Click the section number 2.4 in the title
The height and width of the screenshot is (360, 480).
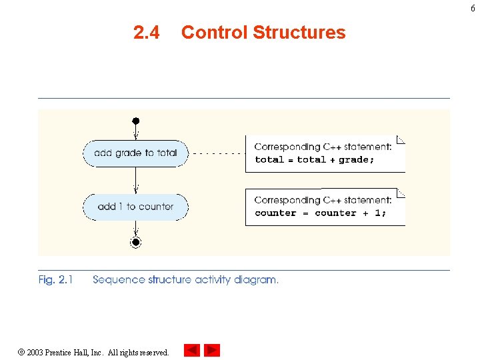(146, 33)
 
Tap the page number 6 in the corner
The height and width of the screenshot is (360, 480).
(473, 7)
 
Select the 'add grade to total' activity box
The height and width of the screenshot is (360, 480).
(135, 153)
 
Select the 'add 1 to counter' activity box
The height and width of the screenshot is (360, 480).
(135, 207)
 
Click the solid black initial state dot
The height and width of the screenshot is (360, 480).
(135, 121)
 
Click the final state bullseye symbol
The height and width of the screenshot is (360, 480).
(135, 242)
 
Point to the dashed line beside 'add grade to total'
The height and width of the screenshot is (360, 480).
(217, 153)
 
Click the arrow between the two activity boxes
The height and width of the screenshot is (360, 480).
(135, 180)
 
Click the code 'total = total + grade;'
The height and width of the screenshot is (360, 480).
(315, 160)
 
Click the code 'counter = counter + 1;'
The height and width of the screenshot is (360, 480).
(320, 213)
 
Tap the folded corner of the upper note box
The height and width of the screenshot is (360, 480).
(401, 139)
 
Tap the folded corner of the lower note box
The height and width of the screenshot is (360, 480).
(401, 193)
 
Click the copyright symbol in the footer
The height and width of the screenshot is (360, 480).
(21, 352)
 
